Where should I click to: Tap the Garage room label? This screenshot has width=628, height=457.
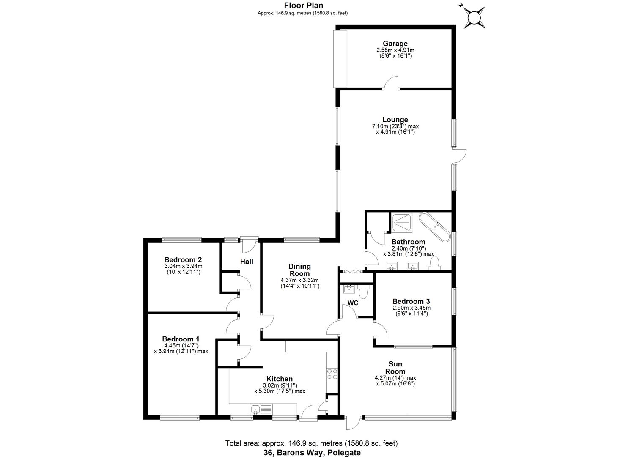[x=395, y=44]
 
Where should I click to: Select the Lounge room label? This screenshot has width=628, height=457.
[x=395, y=120]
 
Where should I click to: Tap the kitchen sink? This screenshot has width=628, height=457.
[x=255, y=409]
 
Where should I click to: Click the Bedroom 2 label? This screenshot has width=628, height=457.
[x=183, y=260]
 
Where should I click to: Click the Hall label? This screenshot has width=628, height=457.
[x=247, y=262]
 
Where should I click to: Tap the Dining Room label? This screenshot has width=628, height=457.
[x=299, y=270]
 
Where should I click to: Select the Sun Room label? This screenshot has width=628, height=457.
[x=395, y=368]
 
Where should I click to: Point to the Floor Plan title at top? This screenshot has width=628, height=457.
[x=303, y=6]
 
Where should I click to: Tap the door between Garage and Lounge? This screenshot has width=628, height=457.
[x=391, y=84]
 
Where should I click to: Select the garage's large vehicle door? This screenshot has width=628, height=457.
[x=340, y=58]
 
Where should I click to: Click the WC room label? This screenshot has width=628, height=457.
[x=353, y=303]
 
